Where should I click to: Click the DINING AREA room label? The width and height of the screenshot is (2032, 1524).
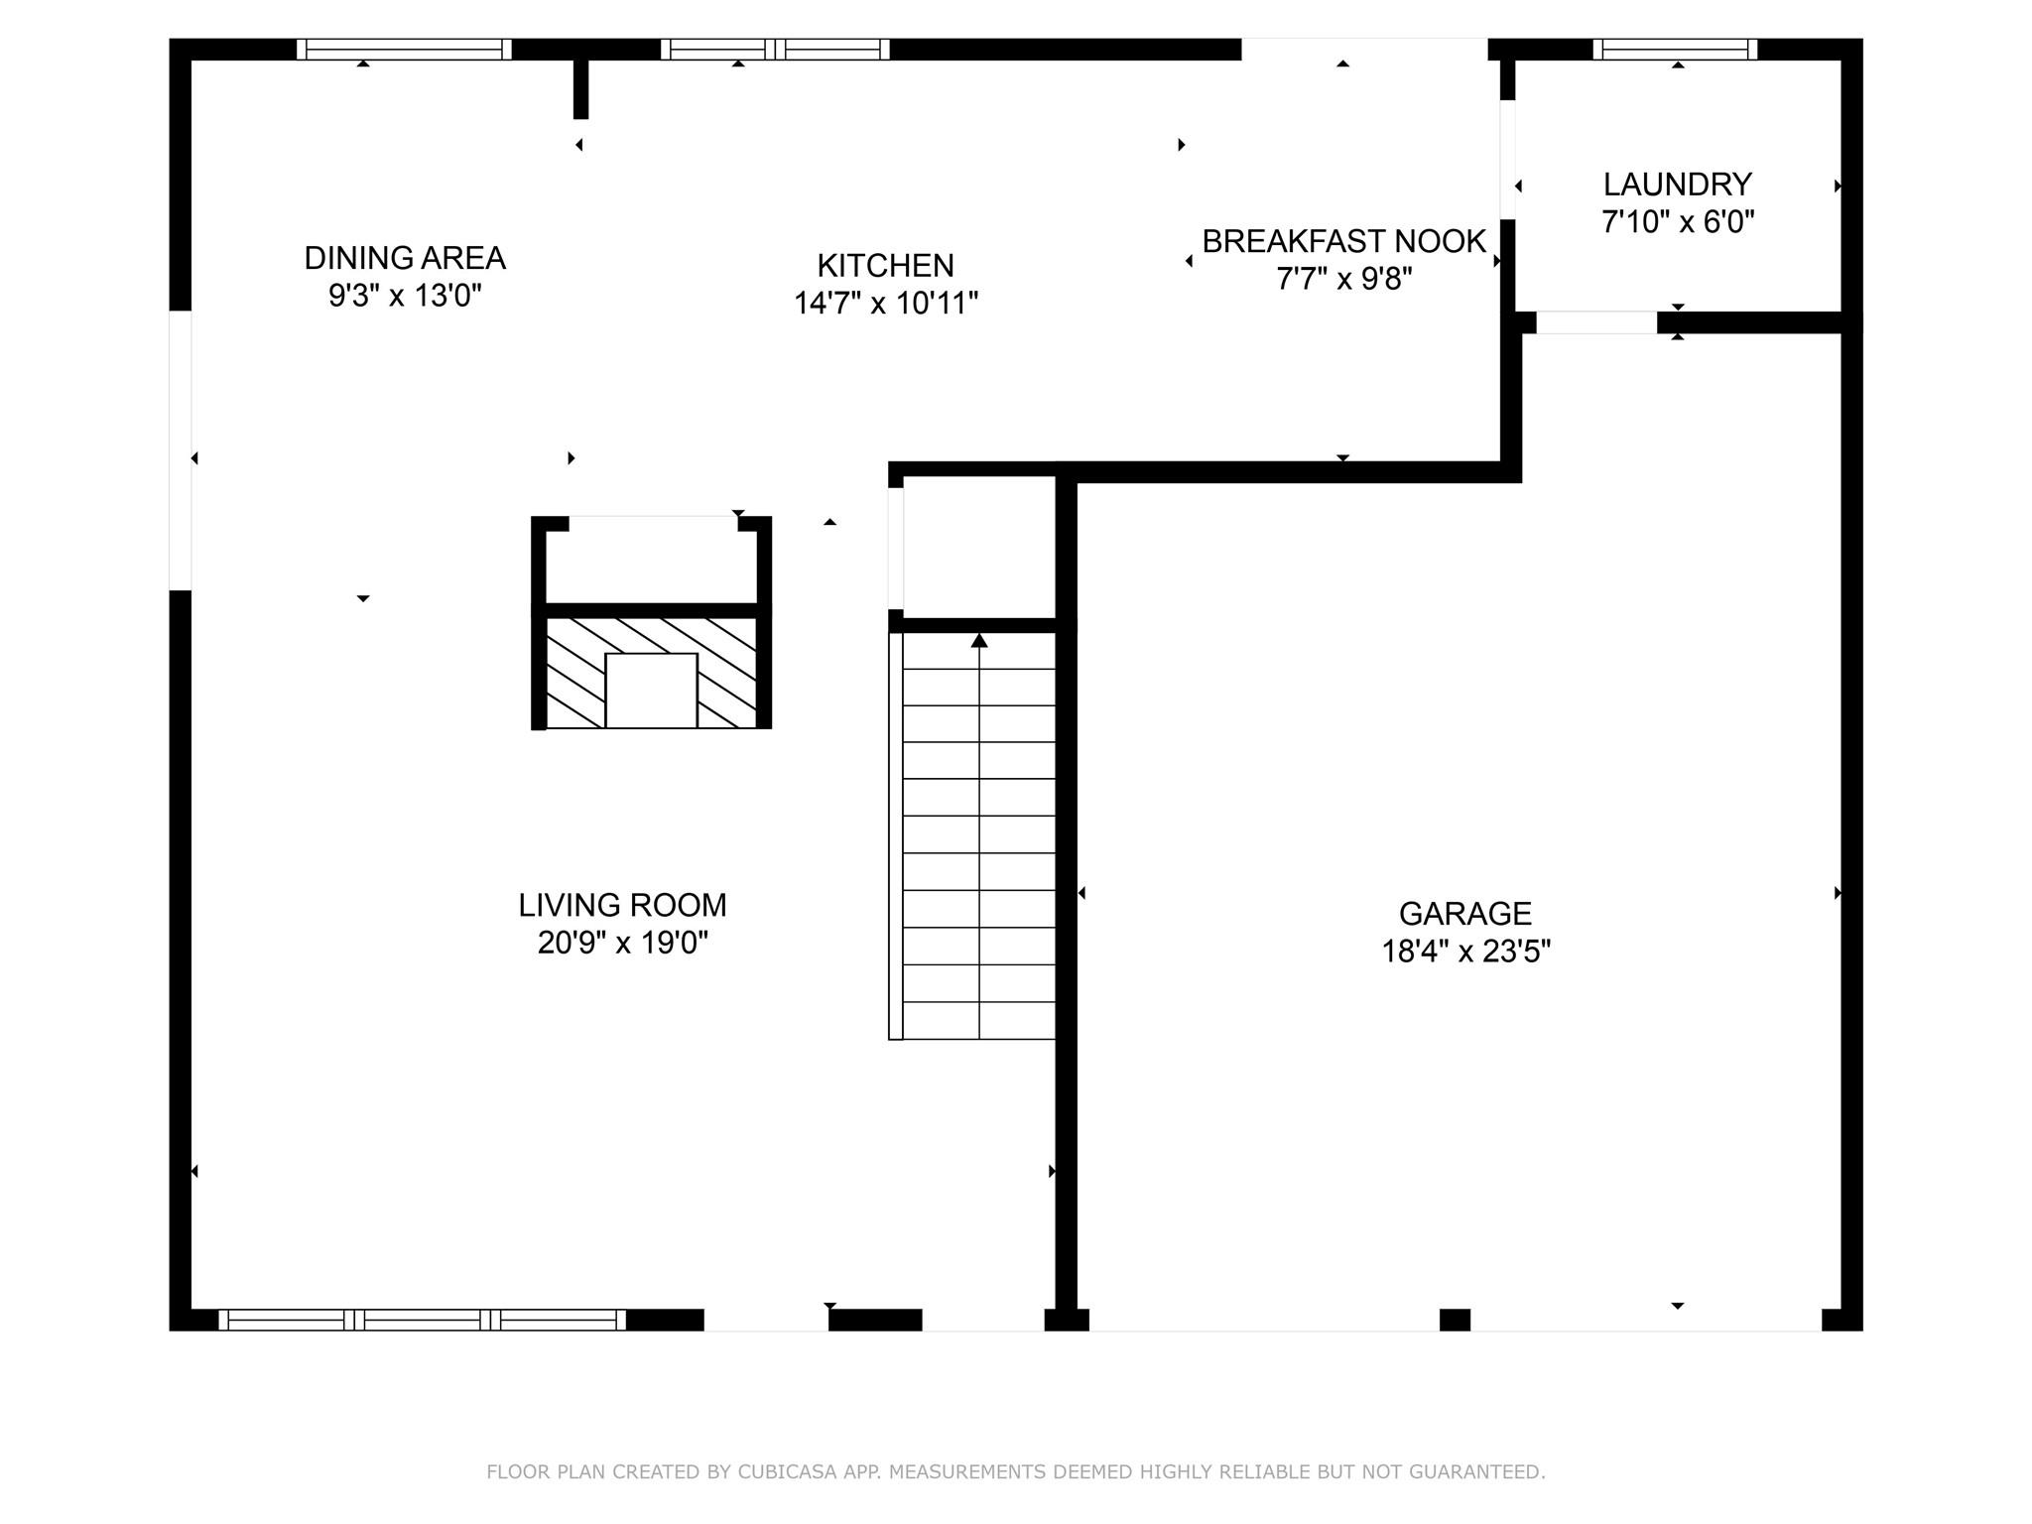405,258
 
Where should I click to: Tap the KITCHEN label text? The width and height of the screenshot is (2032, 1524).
885,266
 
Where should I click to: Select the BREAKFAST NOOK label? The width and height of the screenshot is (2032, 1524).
1343,241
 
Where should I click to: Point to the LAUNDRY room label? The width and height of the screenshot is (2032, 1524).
1677,185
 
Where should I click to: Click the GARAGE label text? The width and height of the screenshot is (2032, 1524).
1464,913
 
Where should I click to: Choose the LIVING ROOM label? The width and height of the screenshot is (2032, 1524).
622,905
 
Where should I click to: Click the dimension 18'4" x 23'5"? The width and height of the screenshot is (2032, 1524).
1465,952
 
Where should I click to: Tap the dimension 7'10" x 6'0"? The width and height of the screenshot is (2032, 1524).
1677,222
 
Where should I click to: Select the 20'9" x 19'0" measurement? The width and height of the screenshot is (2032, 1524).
622,943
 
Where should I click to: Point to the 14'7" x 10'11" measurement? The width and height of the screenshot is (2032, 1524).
885,304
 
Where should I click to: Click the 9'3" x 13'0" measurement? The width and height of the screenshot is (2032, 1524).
405,296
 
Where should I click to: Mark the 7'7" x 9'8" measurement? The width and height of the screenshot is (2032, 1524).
1343,279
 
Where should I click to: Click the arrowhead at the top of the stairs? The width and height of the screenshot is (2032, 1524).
979,641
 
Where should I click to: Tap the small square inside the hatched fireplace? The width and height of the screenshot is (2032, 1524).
651,691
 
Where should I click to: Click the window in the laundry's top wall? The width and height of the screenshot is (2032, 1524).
1675,50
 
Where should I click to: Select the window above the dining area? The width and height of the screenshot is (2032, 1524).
404,50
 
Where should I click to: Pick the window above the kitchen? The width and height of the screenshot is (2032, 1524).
775,50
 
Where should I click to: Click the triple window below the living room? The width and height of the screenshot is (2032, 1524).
422,1320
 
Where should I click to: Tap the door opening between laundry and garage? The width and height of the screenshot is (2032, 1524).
1596,322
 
